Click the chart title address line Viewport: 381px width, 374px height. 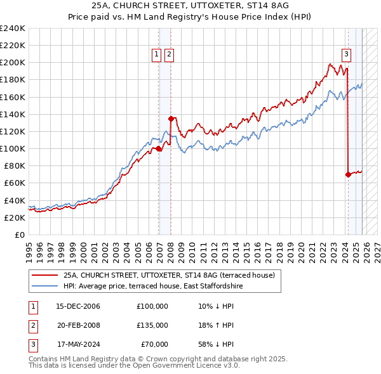190,6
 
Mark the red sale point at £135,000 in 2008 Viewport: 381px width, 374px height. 171,119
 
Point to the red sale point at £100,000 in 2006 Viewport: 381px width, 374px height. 158,149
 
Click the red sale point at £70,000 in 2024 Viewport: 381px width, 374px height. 348,174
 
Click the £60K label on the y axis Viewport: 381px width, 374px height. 14,183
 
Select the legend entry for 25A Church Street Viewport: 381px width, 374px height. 169,276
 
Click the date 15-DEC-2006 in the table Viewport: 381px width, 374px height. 78,306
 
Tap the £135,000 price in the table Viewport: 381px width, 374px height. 152,325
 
